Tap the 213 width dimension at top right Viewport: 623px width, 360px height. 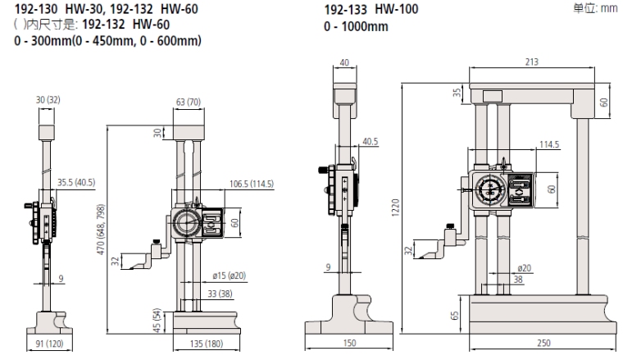531,61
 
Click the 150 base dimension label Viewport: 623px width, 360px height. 350,344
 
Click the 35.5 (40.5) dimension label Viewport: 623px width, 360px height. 75,183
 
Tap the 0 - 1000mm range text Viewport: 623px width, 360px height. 357,27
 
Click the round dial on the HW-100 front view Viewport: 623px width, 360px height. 489,189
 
